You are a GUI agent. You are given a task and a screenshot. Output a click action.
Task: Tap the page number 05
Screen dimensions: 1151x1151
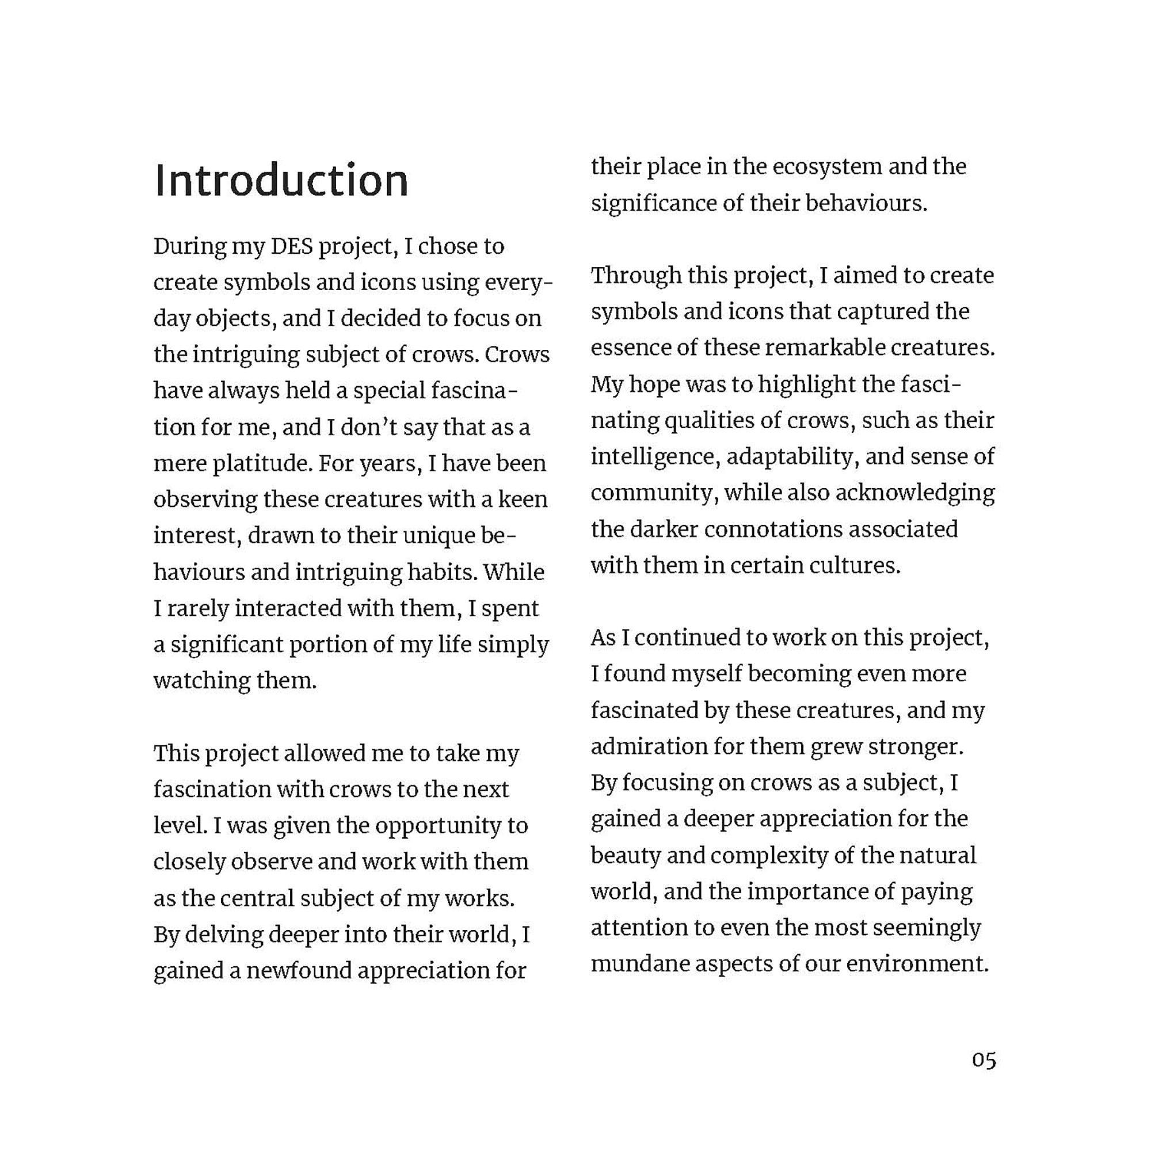[x=984, y=1060]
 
